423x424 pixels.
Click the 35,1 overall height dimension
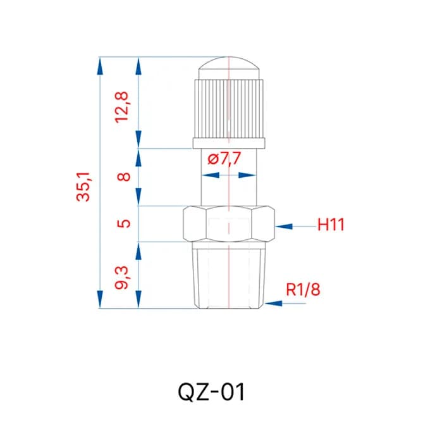point(83,187)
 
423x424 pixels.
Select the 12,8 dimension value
point(122,108)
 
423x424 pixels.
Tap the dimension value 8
point(124,177)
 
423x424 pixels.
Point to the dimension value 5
point(124,223)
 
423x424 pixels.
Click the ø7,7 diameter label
point(224,158)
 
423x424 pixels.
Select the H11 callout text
point(331,225)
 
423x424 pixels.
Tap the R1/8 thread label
point(303,289)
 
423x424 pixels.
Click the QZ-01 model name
point(211,392)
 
